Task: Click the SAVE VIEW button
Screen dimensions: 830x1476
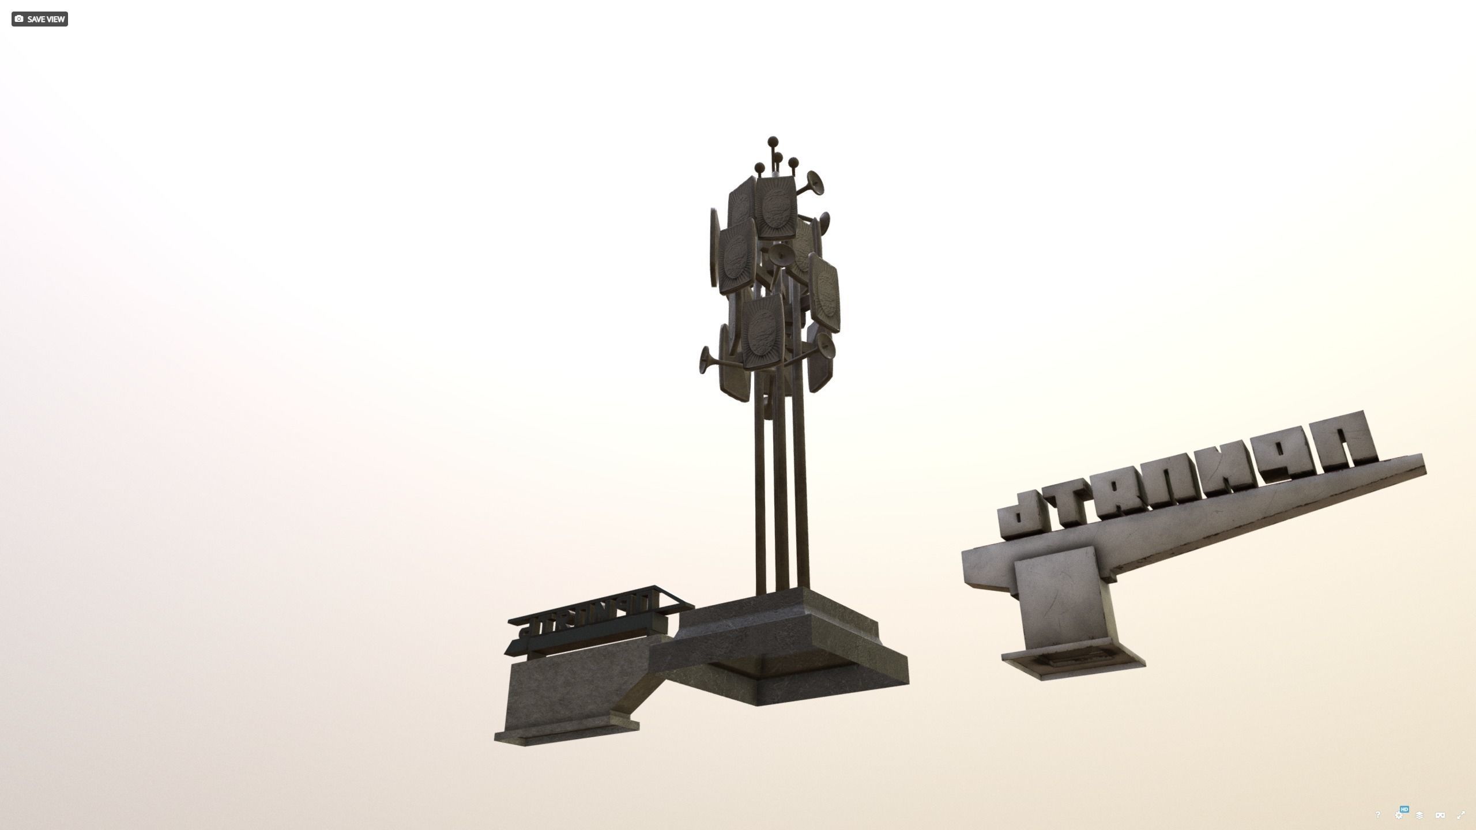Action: [39, 19]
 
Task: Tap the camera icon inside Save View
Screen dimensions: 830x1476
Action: [19, 19]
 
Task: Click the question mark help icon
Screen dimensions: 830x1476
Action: [1377, 814]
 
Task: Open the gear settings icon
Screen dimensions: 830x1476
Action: [1398, 816]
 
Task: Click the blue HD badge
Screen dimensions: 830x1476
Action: [1404, 809]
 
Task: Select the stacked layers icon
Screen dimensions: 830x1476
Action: [1419, 815]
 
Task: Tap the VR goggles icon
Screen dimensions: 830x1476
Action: [1440, 815]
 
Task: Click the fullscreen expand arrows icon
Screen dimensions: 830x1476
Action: [1460, 815]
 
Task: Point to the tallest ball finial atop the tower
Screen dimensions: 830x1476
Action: [772, 140]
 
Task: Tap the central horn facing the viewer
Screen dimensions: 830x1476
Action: [782, 254]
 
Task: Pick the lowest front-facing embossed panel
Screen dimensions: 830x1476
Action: [762, 333]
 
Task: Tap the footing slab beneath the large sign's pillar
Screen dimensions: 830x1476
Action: [1072, 665]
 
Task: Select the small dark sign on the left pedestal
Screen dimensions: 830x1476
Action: [600, 622]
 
